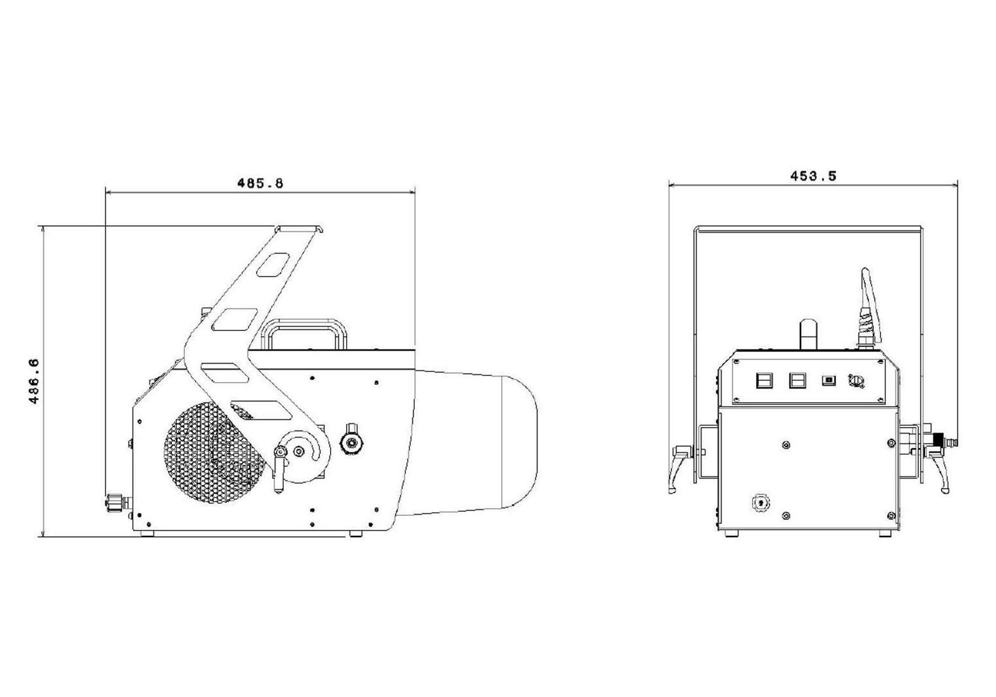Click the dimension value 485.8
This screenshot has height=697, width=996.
[260, 183]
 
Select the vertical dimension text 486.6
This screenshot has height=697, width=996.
[34, 381]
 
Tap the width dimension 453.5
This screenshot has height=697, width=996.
[814, 176]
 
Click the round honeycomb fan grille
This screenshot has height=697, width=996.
[214, 452]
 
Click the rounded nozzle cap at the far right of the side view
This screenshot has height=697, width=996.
[520, 441]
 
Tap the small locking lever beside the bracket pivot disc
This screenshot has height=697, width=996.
[280, 469]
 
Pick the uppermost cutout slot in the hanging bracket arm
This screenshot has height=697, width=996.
[273, 265]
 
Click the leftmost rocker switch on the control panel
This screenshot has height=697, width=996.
[764, 381]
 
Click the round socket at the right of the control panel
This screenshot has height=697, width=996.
[856, 381]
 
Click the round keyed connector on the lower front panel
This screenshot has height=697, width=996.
[760, 503]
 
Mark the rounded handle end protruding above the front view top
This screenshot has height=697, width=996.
[808, 333]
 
